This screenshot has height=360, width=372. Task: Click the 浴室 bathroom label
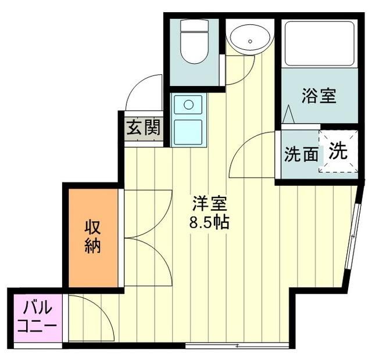(319, 95)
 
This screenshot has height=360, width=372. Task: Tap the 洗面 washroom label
(301, 154)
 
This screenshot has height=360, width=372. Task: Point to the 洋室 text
(209, 204)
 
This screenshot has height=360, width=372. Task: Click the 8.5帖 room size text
(209, 222)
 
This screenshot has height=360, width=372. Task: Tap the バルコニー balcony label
(35, 315)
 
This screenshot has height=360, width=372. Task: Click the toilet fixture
(192, 43)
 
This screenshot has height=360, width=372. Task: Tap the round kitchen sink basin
(188, 105)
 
